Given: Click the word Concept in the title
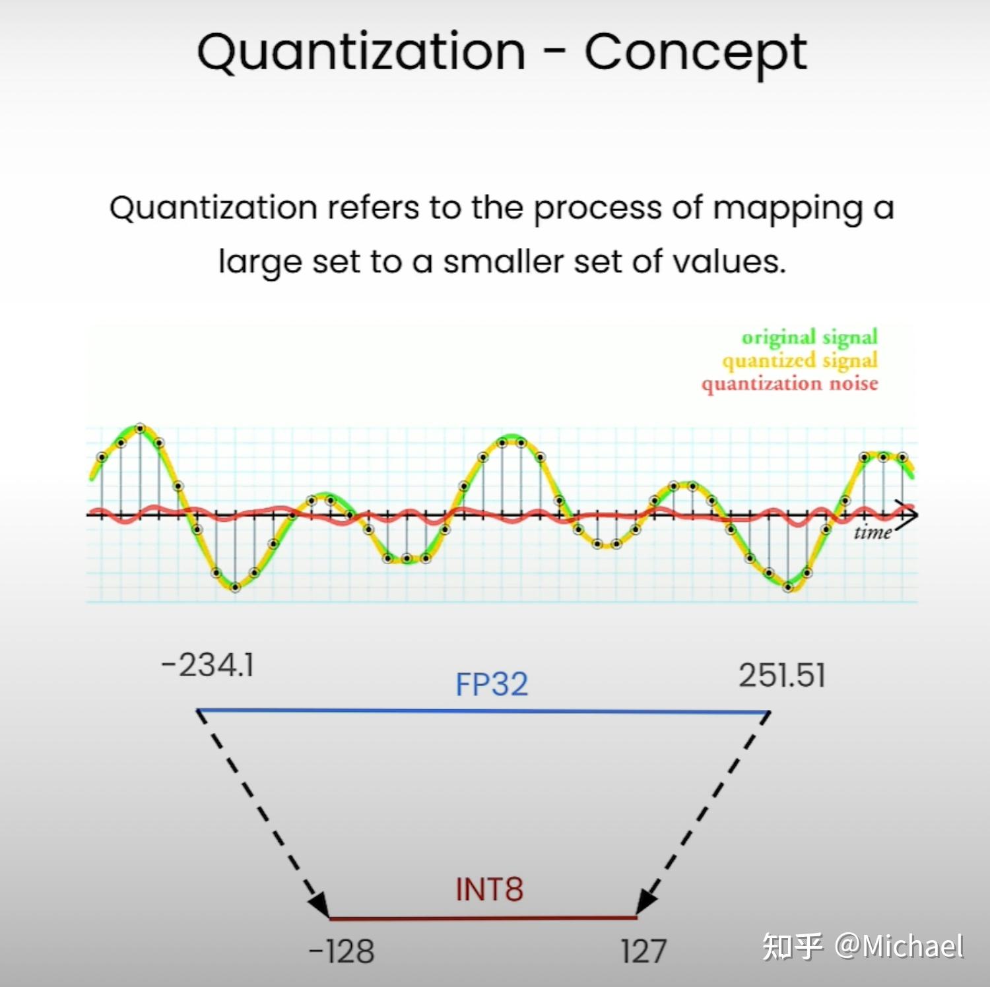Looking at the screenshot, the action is point(696,53).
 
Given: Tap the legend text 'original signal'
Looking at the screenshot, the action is point(810,337).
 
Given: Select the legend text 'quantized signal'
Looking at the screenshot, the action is point(800,360).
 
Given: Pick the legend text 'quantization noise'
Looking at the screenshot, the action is point(790,383).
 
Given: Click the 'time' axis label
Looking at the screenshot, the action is point(873,532).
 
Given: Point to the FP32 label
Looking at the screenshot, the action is point(492,684).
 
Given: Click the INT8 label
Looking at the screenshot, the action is point(489,889).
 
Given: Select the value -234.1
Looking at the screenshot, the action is point(207,664).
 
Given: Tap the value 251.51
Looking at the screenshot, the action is point(782,676).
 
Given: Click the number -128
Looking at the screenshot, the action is point(341,951).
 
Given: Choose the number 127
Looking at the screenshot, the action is point(643,951).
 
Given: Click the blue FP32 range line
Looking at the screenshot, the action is point(484,711).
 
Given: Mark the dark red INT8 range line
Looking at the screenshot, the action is point(483,918).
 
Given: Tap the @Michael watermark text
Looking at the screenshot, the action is point(899,946).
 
